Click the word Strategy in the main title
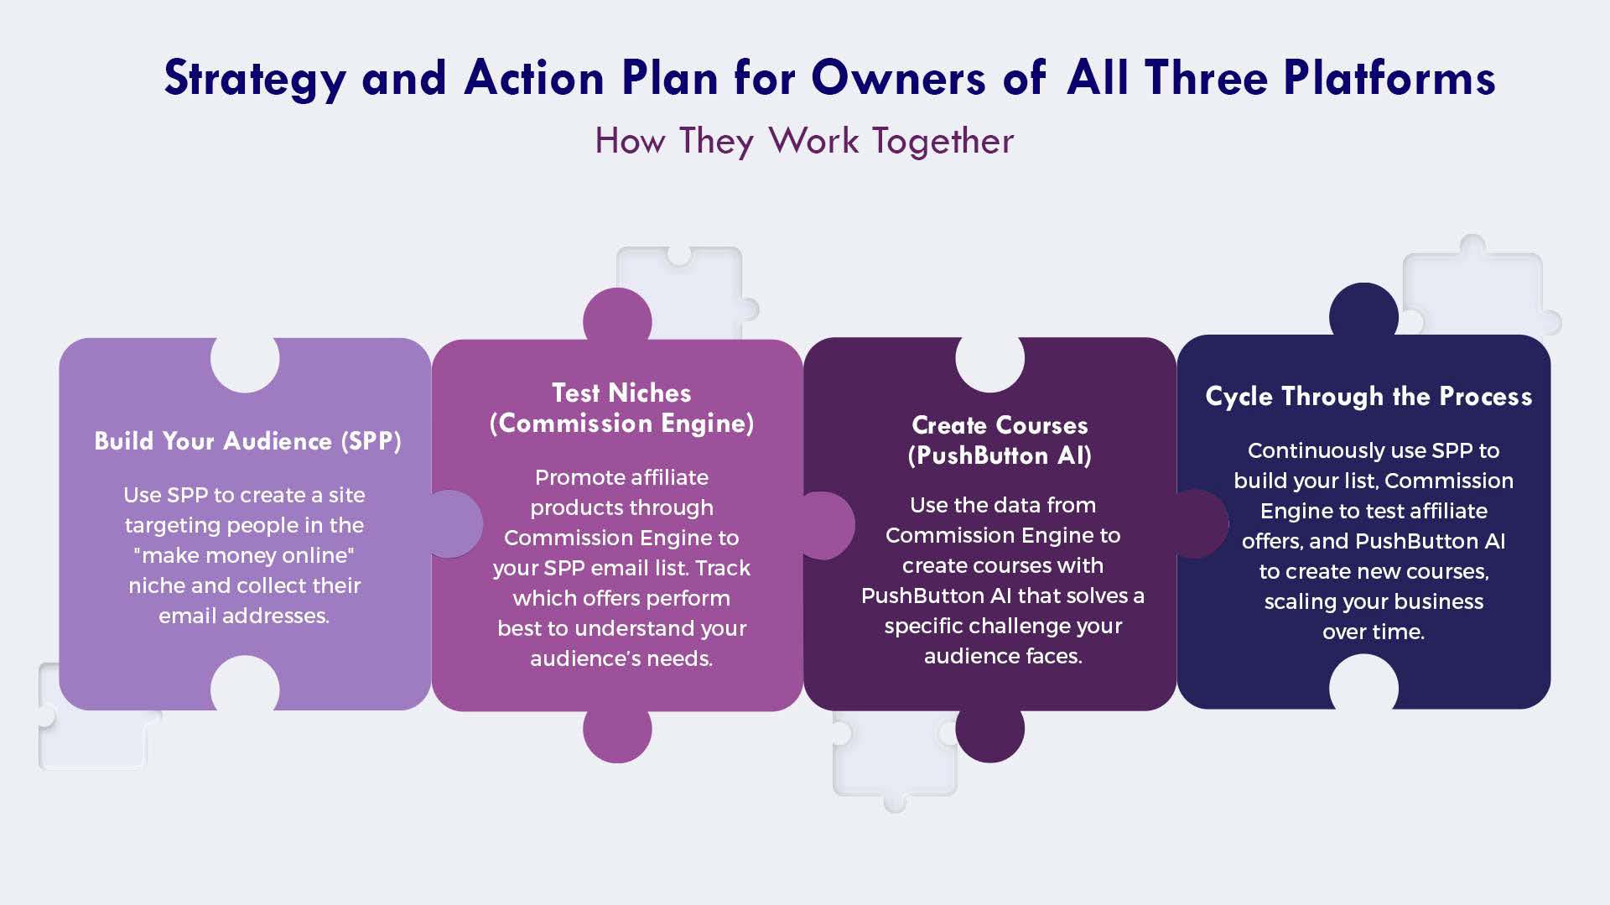tap(255, 79)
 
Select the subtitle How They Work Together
tap(804, 141)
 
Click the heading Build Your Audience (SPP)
tap(247, 441)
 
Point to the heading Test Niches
tap(621, 393)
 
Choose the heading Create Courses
tap(1000, 425)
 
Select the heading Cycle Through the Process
tap(1368, 396)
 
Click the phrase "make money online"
tap(244, 555)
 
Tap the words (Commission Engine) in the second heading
tap(621, 424)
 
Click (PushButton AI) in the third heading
tap(1000, 455)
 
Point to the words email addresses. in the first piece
tap(244, 616)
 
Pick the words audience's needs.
tap(621, 658)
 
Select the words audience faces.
tap(1003, 656)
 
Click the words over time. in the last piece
tap(1374, 632)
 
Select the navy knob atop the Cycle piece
tap(1363, 311)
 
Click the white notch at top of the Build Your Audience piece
tap(245, 363)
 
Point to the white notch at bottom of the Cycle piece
tap(1363, 683)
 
